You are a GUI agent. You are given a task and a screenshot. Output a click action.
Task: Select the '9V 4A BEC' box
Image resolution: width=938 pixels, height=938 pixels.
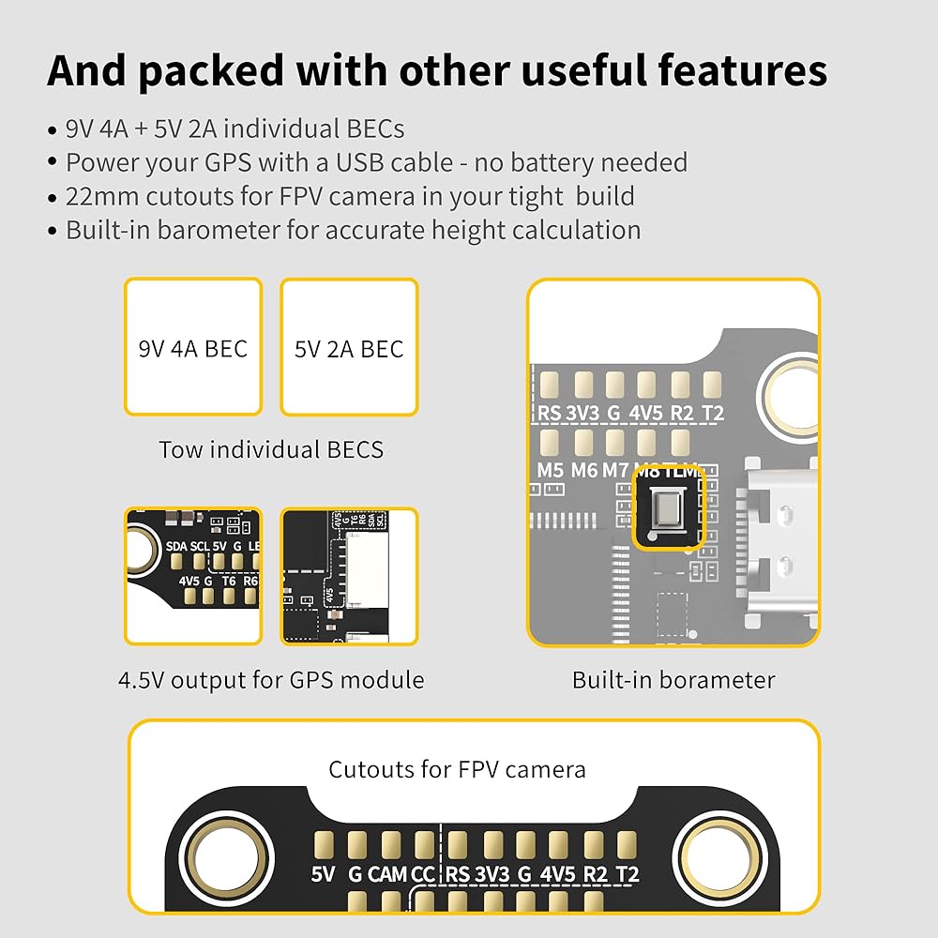[x=192, y=348]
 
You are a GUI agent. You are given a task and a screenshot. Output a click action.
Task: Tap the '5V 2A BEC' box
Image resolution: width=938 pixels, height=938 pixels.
[x=349, y=348]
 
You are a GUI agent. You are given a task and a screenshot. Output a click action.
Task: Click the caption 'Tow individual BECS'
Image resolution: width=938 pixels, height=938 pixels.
[x=271, y=449]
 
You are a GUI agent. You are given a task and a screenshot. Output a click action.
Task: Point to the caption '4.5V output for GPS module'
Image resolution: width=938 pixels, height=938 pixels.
[x=271, y=679]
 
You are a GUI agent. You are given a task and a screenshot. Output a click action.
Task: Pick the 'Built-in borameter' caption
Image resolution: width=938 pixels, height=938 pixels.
[x=673, y=679]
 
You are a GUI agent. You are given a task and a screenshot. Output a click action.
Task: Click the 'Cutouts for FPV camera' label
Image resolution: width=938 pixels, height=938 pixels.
[x=457, y=770]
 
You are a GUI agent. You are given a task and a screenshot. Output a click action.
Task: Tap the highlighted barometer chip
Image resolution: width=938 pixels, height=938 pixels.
[x=668, y=509]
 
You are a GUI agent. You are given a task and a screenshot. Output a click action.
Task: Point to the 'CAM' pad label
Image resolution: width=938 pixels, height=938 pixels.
[x=387, y=875]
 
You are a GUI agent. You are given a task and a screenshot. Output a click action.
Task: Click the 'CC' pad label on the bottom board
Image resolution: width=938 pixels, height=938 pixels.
[x=424, y=875]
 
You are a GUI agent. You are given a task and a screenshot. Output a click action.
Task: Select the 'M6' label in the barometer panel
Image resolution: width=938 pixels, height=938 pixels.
[x=584, y=470]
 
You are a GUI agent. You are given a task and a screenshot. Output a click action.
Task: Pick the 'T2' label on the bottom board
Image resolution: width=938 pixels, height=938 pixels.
[x=627, y=875]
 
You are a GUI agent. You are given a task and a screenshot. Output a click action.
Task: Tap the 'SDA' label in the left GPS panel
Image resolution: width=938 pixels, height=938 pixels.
[x=175, y=546]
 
